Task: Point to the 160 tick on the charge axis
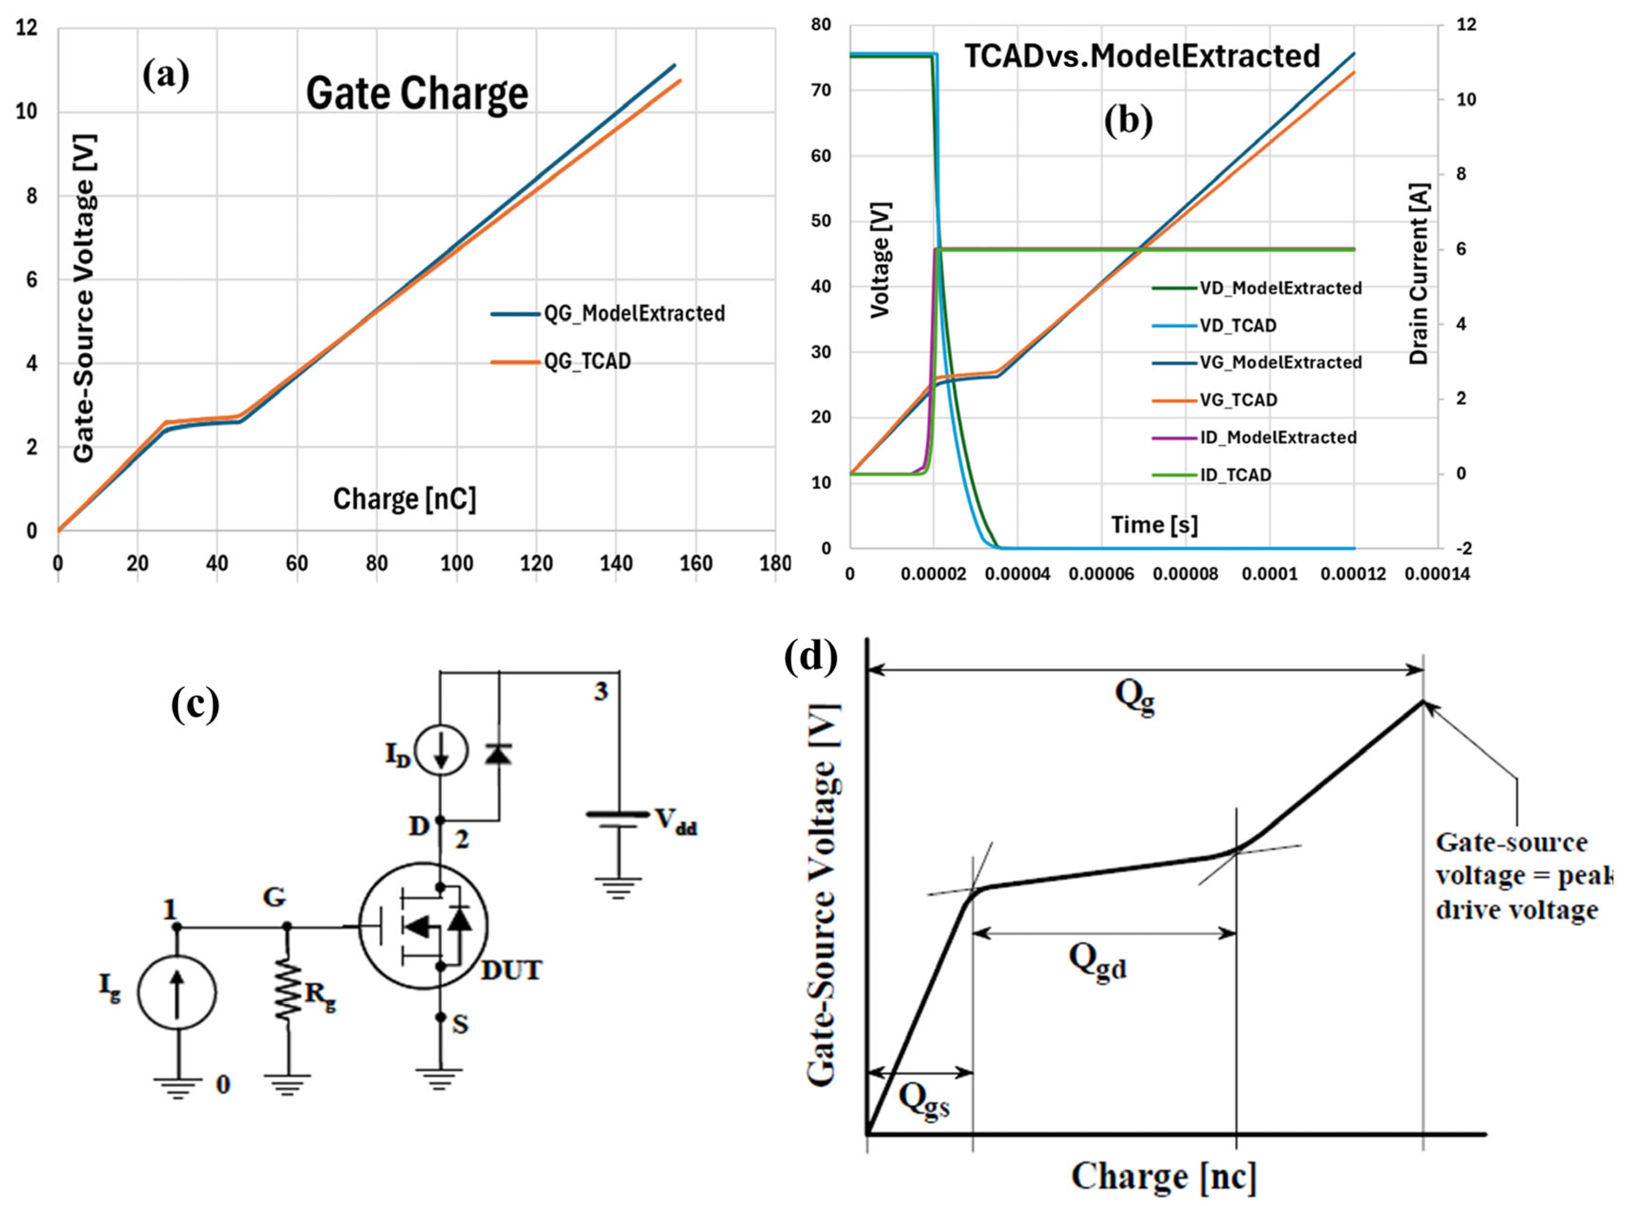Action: (695, 563)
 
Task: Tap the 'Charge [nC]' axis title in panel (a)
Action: (404, 500)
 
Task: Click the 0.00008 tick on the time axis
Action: (1185, 574)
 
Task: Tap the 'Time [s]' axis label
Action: (1154, 524)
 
